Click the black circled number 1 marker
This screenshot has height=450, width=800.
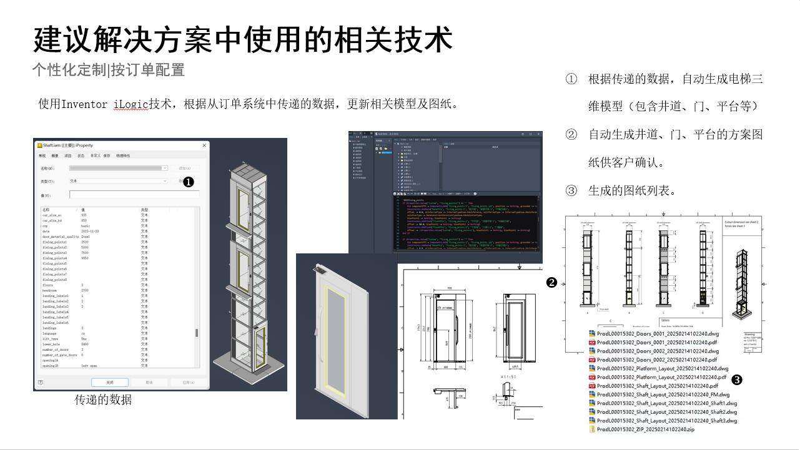point(188,181)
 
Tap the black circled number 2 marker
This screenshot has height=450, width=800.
point(551,282)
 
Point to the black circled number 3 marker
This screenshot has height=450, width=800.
point(736,379)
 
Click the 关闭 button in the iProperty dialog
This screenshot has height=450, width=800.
point(109,382)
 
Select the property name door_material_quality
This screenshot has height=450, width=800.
point(61,237)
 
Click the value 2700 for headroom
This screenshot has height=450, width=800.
point(86,290)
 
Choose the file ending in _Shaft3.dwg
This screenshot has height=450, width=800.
point(666,421)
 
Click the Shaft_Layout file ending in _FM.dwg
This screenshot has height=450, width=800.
point(663,394)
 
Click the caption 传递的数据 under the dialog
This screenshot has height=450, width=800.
point(103,399)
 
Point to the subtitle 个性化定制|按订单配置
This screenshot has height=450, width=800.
point(109,70)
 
